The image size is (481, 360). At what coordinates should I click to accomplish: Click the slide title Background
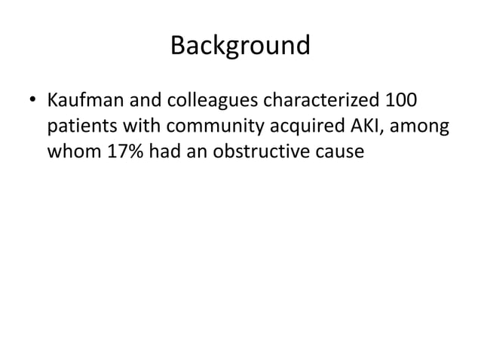point(240,47)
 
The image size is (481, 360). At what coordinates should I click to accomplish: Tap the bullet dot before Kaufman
point(33,100)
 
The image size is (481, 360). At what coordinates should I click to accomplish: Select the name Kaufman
point(81,99)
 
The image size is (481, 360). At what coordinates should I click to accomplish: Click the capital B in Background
point(178,47)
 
